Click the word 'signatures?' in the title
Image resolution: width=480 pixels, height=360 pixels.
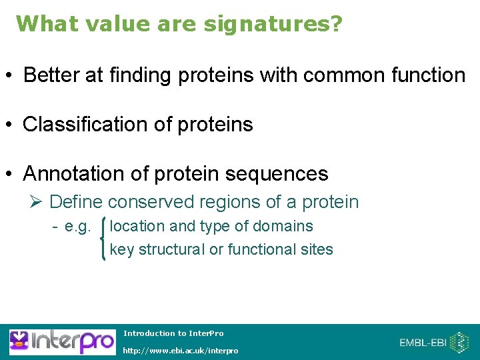273,24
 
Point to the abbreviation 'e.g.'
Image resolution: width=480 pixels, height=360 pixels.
77,227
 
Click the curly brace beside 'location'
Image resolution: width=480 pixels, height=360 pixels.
102,238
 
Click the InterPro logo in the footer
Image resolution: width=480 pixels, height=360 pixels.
61,342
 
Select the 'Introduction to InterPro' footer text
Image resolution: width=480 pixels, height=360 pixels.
173,333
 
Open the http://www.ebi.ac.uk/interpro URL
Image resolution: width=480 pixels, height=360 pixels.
180,351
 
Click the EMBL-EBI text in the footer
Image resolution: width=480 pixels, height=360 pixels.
423,343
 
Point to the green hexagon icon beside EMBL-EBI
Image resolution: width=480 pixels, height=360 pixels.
460,342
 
